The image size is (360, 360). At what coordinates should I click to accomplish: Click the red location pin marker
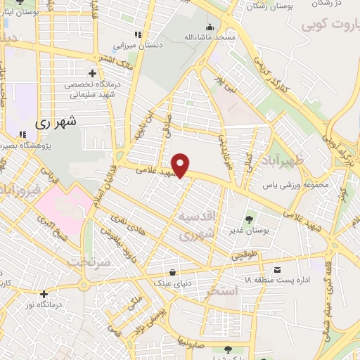click(181, 165)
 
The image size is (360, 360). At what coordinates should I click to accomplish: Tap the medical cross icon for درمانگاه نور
click(44, 294)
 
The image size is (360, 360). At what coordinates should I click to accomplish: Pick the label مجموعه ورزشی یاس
click(286, 186)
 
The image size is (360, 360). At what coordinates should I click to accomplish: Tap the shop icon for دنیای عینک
click(172, 272)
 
